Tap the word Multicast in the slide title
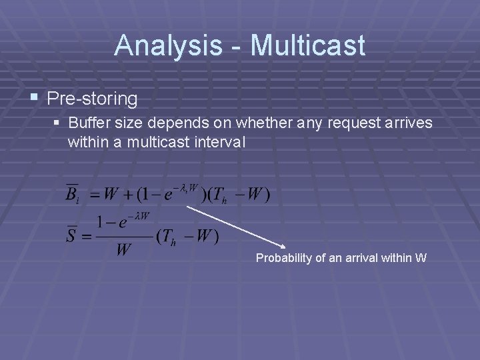(x=307, y=45)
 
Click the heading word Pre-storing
(x=93, y=99)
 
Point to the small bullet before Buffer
(x=58, y=123)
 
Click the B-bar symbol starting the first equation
(x=71, y=194)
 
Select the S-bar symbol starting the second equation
(x=71, y=235)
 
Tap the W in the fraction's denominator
(x=123, y=251)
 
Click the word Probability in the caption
(x=283, y=258)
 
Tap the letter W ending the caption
(x=421, y=258)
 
